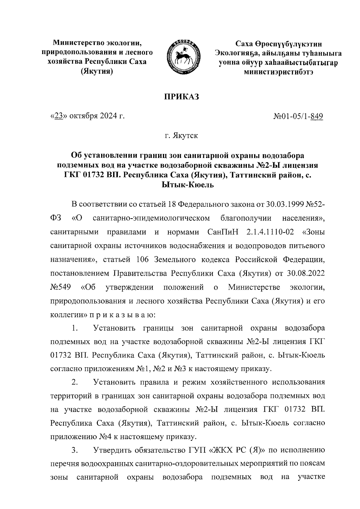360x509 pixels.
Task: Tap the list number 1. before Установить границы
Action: (x=75, y=329)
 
